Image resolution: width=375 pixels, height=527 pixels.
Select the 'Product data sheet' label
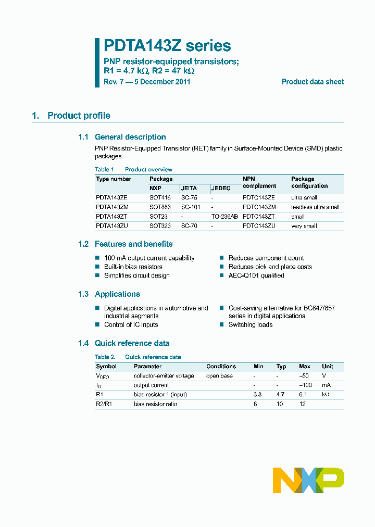pyautogui.click(x=312, y=82)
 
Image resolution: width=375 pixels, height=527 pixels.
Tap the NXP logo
pyautogui.click(x=308, y=480)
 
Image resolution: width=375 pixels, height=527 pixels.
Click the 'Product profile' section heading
pyautogui.click(x=79, y=116)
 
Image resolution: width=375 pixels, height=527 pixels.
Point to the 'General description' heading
pyautogui.click(x=130, y=137)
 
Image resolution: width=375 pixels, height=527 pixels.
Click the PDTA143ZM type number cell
pyautogui.click(x=112, y=207)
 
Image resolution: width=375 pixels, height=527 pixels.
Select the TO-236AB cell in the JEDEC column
pyautogui.click(x=224, y=216)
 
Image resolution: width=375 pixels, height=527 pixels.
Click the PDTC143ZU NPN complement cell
pyautogui.click(x=259, y=226)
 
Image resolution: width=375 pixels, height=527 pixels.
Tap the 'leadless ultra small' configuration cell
pyautogui.click(x=315, y=207)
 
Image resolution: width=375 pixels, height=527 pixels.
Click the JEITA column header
pyautogui.click(x=189, y=188)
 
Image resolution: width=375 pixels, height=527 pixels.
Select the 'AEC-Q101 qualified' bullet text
pyautogui.click(x=256, y=275)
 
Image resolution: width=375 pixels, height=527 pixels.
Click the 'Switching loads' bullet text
pyautogui.click(x=251, y=324)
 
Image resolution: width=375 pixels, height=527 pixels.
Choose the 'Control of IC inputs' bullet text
pyautogui.click(x=131, y=324)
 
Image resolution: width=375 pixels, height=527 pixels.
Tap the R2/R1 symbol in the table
pyautogui.click(x=104, y=404)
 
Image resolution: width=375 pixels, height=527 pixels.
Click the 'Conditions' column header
pyautogui.click(x=221, y=366)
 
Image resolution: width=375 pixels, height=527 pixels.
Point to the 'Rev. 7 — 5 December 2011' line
pyautogui.click(x=147, y=82)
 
